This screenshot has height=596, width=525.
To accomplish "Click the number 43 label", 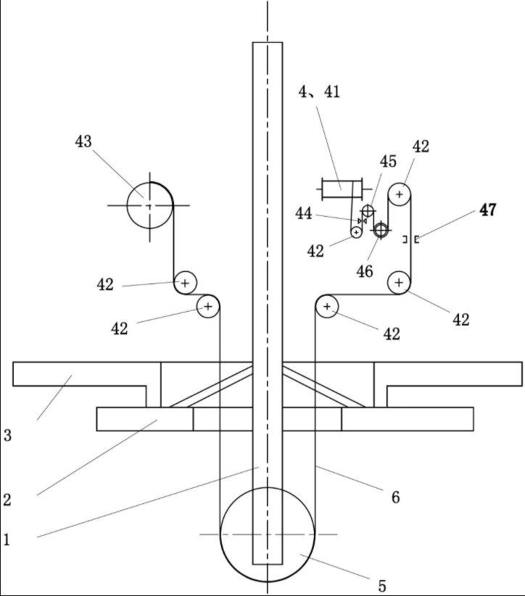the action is (x=83, y=141).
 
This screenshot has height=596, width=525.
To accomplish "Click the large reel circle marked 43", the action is (x=150, y=205).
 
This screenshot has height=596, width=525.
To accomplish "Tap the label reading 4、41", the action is (x=319, y=91).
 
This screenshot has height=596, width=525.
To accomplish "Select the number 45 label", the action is (x=388, y=161).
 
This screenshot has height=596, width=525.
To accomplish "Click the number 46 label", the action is (x=365, y=271).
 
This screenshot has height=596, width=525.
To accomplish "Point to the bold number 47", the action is (x=488, y=210).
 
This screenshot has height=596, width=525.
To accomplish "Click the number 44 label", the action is (x=303, y=214).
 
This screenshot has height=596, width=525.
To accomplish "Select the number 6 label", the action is (x=396, y=497).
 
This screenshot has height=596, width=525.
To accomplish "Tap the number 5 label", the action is (x=382, y=586).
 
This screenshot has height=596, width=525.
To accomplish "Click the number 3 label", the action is (x=7, y=435).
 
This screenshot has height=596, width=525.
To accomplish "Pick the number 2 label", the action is (x=7, y=500).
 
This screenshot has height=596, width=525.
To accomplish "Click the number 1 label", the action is (x=7, y=539).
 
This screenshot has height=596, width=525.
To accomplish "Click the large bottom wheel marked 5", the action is (x=268, y=534).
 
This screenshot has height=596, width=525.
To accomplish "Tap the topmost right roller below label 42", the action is (x=399, y=194).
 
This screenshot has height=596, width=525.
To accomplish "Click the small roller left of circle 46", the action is (x=356, y=232).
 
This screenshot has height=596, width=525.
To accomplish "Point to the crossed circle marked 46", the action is (x=381, y=230).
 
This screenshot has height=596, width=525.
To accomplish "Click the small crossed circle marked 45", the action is (x=368, y=210).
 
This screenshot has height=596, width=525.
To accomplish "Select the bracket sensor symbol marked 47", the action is (x=411, y=239).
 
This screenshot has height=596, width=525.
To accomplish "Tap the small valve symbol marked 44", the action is (x=363, y=221).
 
